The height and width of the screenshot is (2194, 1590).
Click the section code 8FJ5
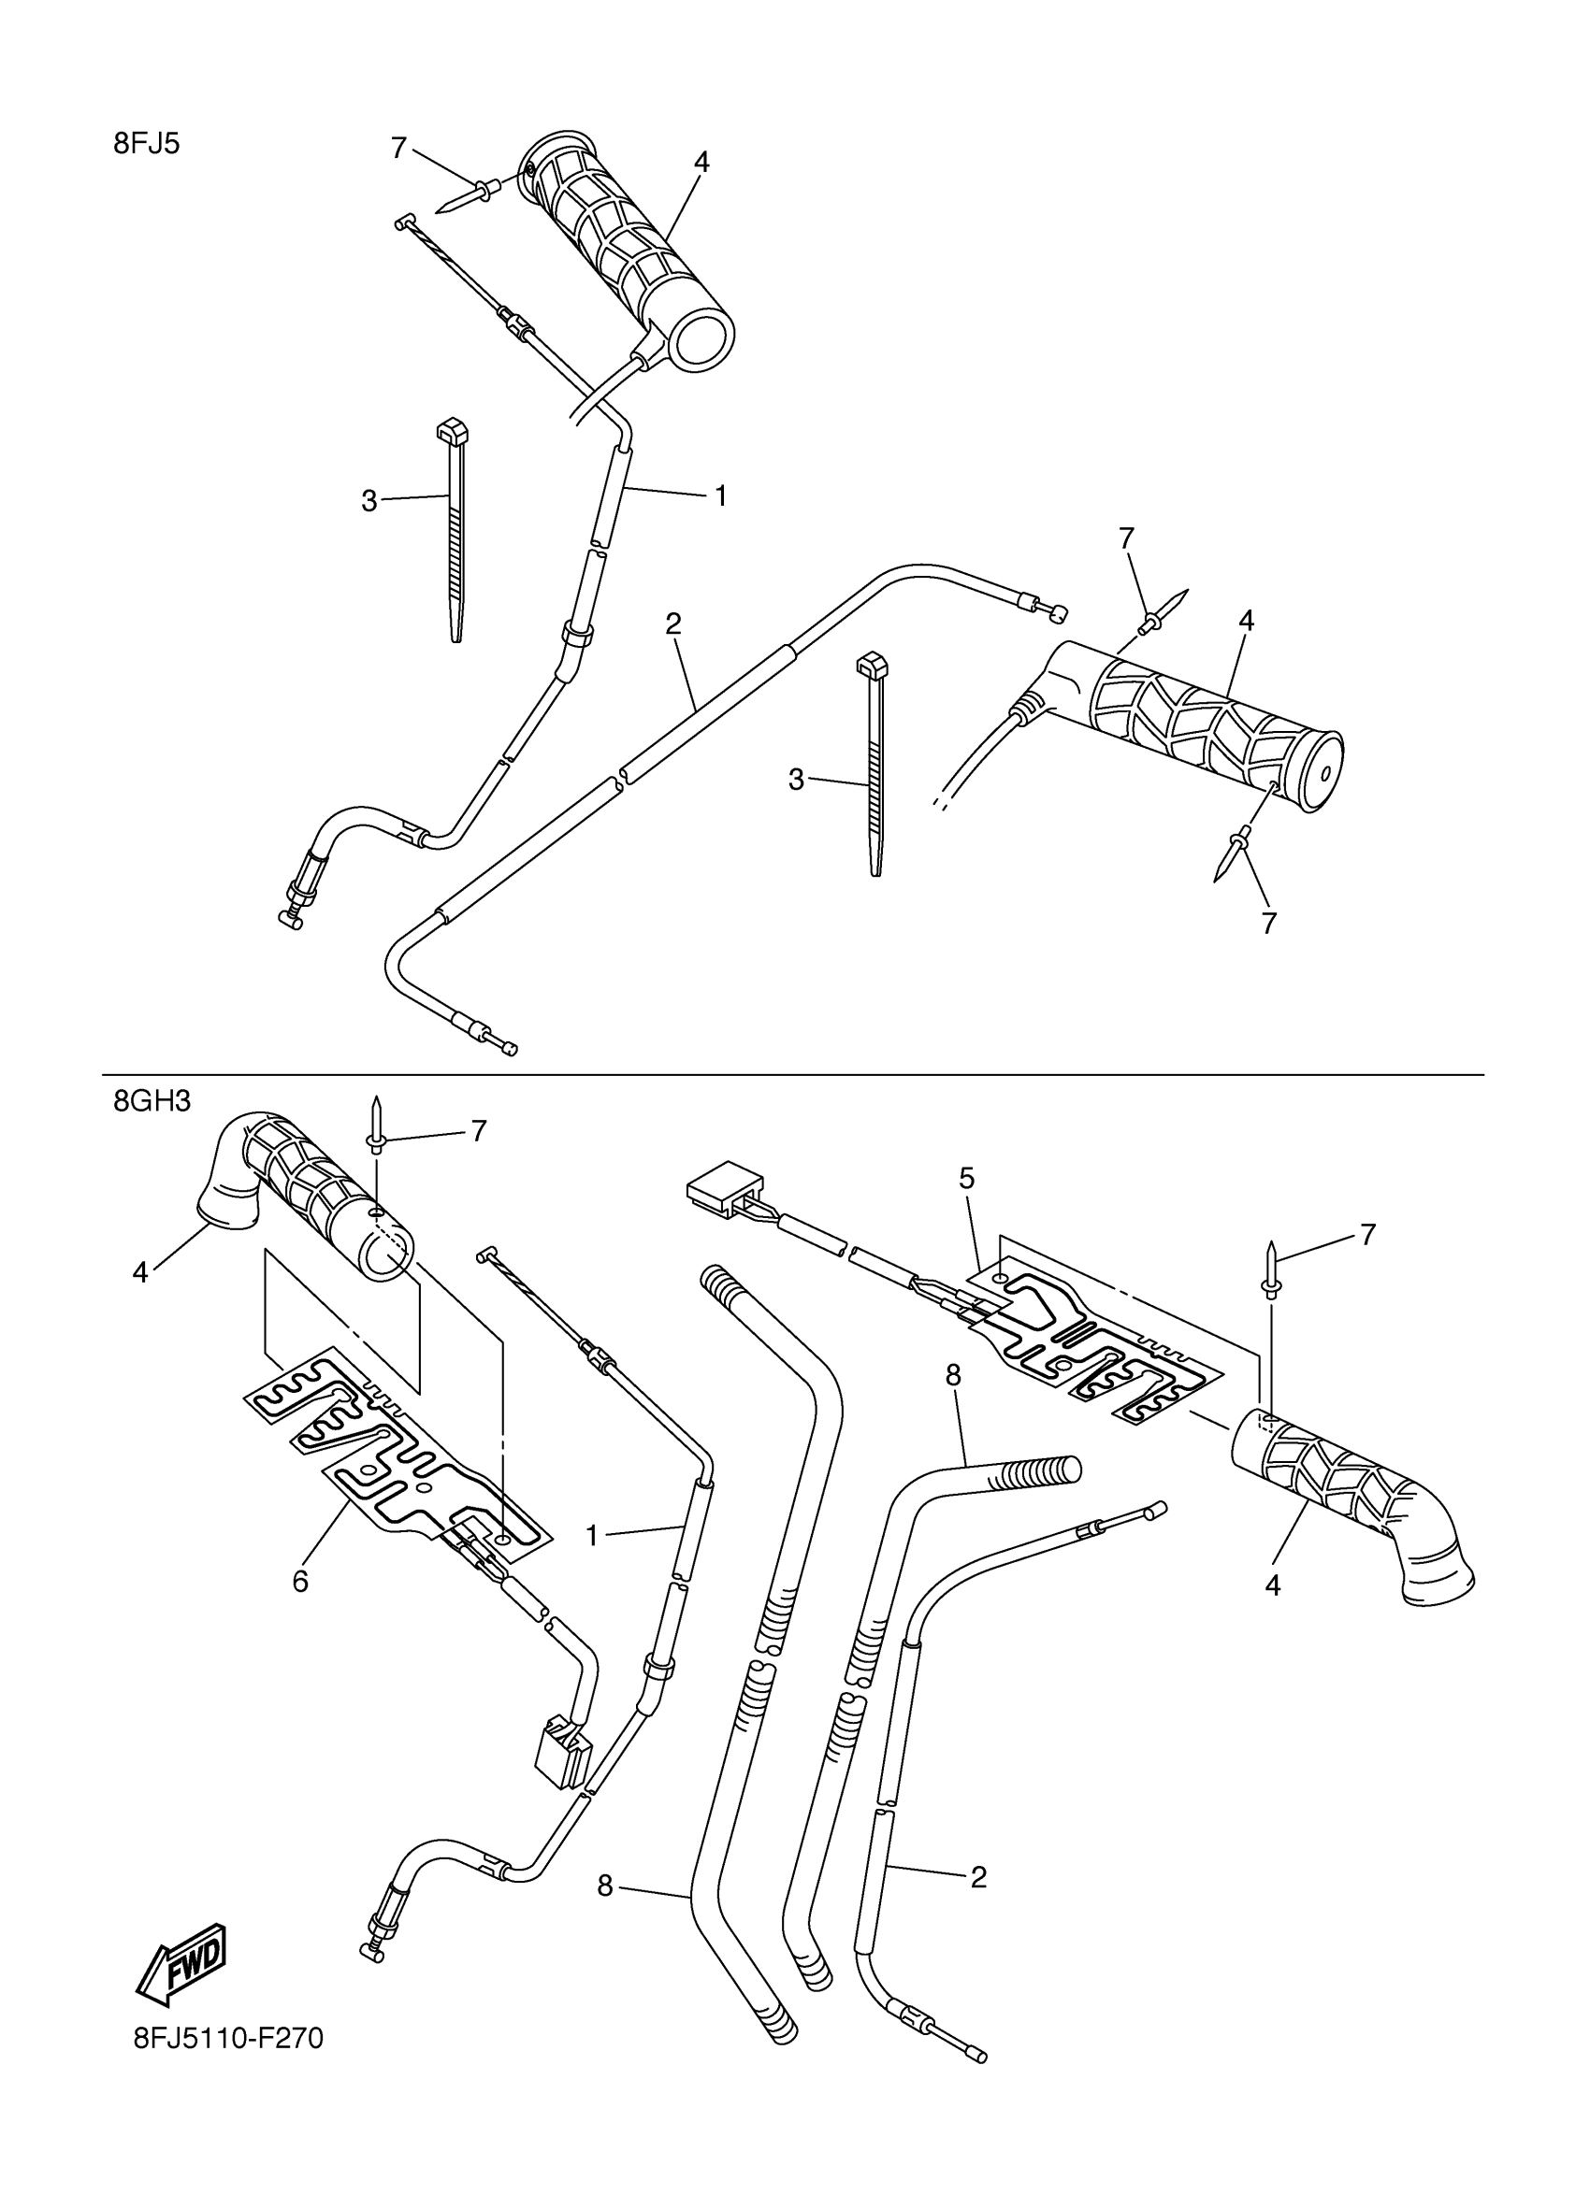[x=146, y=144]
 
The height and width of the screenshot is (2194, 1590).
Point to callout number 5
[x=966, y=1178]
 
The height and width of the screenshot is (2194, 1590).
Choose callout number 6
[x=300, y=1582]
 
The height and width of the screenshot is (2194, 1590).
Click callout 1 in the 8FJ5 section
[x=720, y=495]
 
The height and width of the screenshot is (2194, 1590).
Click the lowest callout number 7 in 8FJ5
[x=1268, y=923]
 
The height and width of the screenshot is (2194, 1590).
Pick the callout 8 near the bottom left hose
[x=605, y=1886]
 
